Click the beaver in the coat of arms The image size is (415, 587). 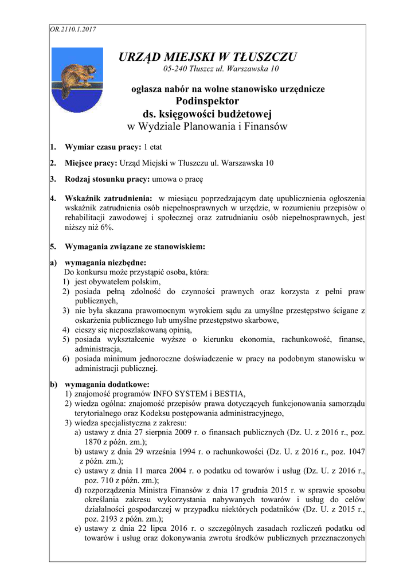[x=73, y=75]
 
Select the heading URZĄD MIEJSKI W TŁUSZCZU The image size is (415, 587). [x=207, y=57]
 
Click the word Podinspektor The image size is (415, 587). [x=207, y=101]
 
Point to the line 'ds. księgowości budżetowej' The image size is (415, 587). [x=207, y=113]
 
